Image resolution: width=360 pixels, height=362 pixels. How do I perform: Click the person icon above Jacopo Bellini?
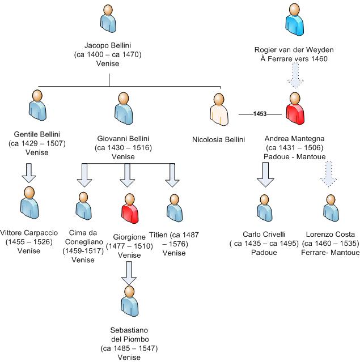108,18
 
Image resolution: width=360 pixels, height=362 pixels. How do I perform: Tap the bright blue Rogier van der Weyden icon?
293,20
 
